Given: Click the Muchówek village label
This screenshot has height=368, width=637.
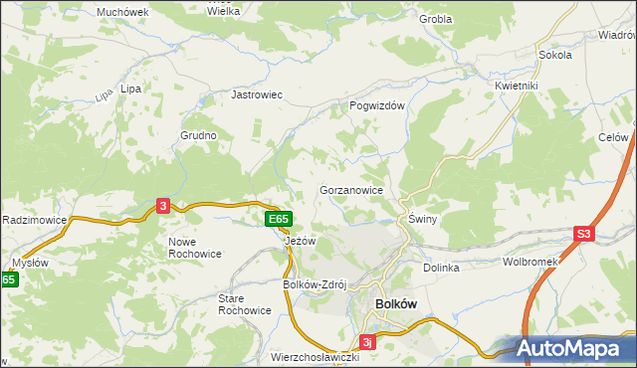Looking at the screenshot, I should point(122,12).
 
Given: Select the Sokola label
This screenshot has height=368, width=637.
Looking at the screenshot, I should point(553,56).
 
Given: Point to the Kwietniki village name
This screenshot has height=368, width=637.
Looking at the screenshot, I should point(516,86).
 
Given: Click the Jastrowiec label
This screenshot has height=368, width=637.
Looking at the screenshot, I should point(258,94).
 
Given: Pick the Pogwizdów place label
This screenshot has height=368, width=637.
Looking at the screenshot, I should point(376,104).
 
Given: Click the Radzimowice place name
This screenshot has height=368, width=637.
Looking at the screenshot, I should point(34,219).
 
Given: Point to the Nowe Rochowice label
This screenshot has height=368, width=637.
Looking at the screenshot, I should point(196,249).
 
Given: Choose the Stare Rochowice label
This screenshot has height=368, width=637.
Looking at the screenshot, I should point(245,303).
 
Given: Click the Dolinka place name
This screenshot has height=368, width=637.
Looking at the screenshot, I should point(441,268).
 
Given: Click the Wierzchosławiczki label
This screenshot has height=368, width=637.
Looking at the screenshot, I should point(314,356).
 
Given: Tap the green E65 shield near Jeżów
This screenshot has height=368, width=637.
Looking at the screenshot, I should point(278,219).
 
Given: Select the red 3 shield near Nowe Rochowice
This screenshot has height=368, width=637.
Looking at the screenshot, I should point(163,205).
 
